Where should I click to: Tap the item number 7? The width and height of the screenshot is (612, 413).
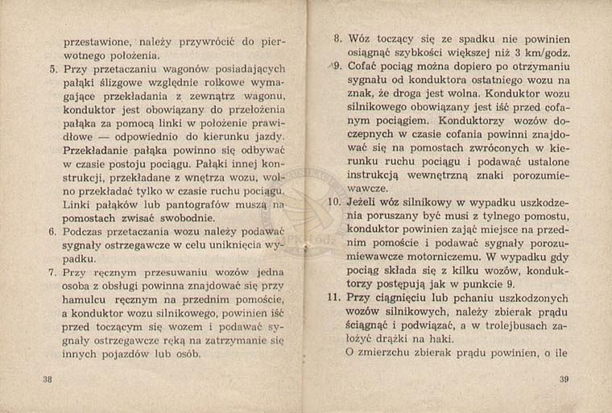[52, 272]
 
